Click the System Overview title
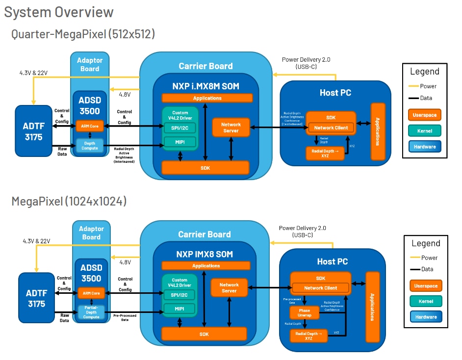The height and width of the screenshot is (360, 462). (59, 12)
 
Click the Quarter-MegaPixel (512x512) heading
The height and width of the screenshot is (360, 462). (83, 34)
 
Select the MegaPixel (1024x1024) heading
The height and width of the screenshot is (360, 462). (69, 201)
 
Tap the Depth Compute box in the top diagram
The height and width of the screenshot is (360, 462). (89, 145)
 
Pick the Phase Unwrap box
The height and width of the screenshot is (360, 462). (305, 312)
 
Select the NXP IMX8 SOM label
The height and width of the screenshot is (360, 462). (205, 254)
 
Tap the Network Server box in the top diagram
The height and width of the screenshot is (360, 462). (231, 128)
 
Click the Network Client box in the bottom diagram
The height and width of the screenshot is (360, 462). (320, 288)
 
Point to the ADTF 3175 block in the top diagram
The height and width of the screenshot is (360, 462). (33, 130)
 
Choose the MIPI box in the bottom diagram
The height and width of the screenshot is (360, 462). (180, 309)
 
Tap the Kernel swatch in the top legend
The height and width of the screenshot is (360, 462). (424, 130)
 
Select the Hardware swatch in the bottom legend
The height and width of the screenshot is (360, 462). (426, 317)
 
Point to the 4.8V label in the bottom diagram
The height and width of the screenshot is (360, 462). (125, 262)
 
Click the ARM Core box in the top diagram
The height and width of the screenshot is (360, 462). (89, 127)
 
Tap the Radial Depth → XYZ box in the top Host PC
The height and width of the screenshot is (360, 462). (324, 154)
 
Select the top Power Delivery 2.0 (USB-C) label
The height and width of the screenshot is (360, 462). (306, 63)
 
